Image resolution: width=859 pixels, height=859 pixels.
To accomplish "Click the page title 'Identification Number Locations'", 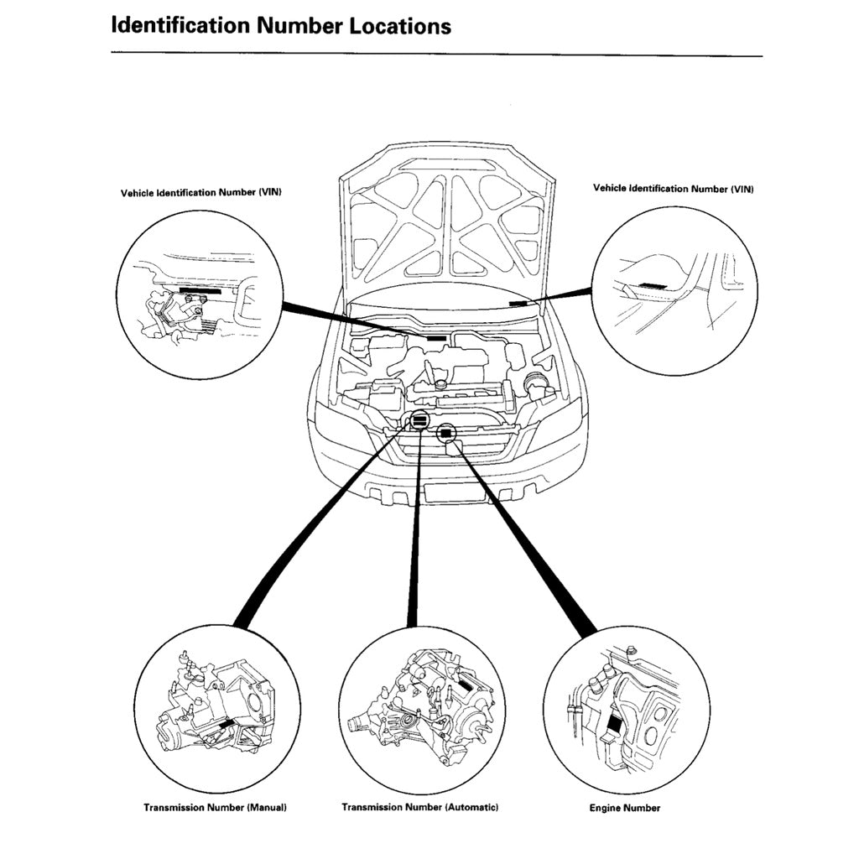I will (x=281, y=25).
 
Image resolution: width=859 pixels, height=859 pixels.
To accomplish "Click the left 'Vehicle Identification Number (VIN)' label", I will (x=201, y=192).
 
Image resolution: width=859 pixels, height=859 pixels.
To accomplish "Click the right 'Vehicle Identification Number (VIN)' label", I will (x=674, y=189).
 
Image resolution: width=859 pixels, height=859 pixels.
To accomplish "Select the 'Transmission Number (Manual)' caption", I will (x=215, y=807).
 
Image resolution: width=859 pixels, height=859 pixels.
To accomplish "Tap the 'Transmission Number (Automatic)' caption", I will (x=420, y=806).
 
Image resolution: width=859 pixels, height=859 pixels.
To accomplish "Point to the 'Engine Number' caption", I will (x=625, y=808).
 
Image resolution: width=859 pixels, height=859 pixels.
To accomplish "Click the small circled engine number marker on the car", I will (x=446, y=433).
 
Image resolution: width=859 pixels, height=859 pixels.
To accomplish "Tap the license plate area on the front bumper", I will (x=454, y=492).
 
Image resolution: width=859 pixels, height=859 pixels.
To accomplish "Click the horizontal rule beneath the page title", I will (x=436, y=56).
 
